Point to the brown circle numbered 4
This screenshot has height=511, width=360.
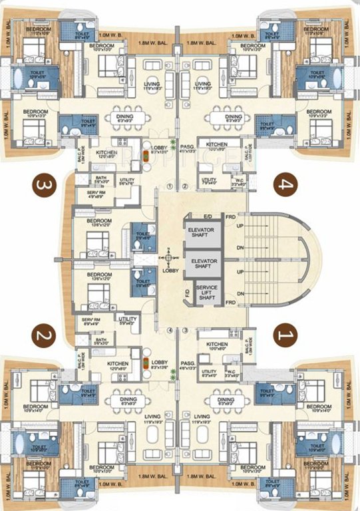(x=287, y=182)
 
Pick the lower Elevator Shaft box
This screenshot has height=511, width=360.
(x=204, y=263)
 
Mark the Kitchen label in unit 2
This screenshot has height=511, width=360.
(x=117, y=364)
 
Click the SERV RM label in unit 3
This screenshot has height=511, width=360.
(x=88, y=194)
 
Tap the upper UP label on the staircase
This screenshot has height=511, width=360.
(x=231, y=226)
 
